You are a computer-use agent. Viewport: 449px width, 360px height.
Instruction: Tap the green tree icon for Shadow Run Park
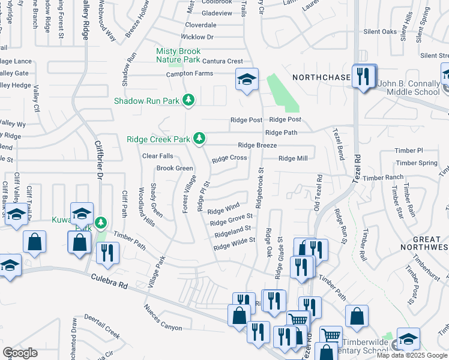pyautogui.click(x=189, y=100)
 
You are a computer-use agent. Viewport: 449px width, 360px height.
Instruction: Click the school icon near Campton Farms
pyautogui.click(x=246, y=79)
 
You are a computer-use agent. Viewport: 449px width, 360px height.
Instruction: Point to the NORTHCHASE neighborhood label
pyautogui.click(x=321, y=77)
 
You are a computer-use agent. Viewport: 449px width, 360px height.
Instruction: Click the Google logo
pyautogui.click(x=20, y=353)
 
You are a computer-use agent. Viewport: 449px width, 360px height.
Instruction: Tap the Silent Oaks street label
pyautogui.click(x=381, y=31)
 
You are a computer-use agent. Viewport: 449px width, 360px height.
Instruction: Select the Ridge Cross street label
pyautogui.click(x=229, y=158)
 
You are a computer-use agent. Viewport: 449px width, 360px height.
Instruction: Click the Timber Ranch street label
pyautogui.click(x=383, y=178)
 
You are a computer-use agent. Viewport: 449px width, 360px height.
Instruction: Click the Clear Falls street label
pyautogui.click(x=157, y=156)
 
